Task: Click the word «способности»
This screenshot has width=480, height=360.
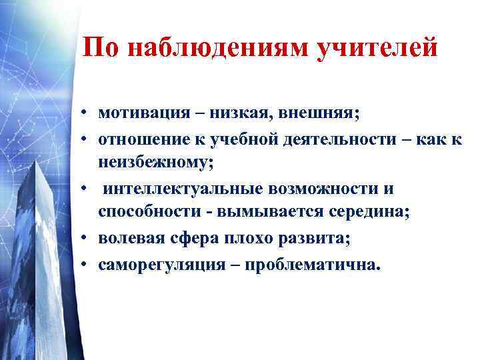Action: point(144,212)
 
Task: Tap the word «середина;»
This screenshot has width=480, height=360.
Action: point(359,212)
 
